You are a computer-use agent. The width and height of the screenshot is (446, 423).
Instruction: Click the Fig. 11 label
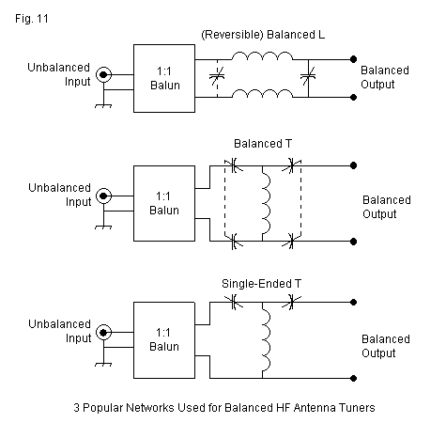(x=32, y=19)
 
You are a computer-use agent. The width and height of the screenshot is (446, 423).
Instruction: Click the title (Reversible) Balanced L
(x=263, y=35)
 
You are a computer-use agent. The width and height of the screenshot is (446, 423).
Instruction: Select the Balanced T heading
(x=263, y=144)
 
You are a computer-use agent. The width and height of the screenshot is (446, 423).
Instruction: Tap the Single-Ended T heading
(x=261, y=284)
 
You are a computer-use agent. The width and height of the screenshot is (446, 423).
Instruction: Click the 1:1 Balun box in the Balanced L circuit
(x=164, y=78)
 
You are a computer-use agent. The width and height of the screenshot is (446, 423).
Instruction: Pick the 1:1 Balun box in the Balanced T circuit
(x=164, y=203)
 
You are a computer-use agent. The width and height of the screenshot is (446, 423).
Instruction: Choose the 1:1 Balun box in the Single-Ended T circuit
(x=164, y=340)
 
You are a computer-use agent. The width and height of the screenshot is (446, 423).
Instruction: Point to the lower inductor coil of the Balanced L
(x=262, y=92)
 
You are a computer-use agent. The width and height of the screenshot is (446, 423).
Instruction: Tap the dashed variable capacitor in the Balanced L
(x=217, y=76)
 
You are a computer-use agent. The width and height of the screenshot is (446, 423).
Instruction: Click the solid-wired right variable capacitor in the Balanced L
(x=308, y=76)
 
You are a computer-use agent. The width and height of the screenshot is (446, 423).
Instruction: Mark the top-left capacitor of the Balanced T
(x=234, y=165)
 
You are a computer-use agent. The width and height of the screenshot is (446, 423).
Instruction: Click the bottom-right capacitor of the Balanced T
(x=291, y=242)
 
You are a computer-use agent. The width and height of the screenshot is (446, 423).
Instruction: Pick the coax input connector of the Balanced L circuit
(x=103, y=74)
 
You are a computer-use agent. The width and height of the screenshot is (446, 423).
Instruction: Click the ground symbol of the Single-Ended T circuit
(x=103, y=364)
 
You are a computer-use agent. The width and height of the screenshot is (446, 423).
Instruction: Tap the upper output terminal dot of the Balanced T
(x=353, y=165)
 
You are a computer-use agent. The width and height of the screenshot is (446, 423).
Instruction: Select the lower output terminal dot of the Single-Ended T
(x=353, y=378)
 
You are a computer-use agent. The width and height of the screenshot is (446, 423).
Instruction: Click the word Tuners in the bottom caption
(x=357, y=408)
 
